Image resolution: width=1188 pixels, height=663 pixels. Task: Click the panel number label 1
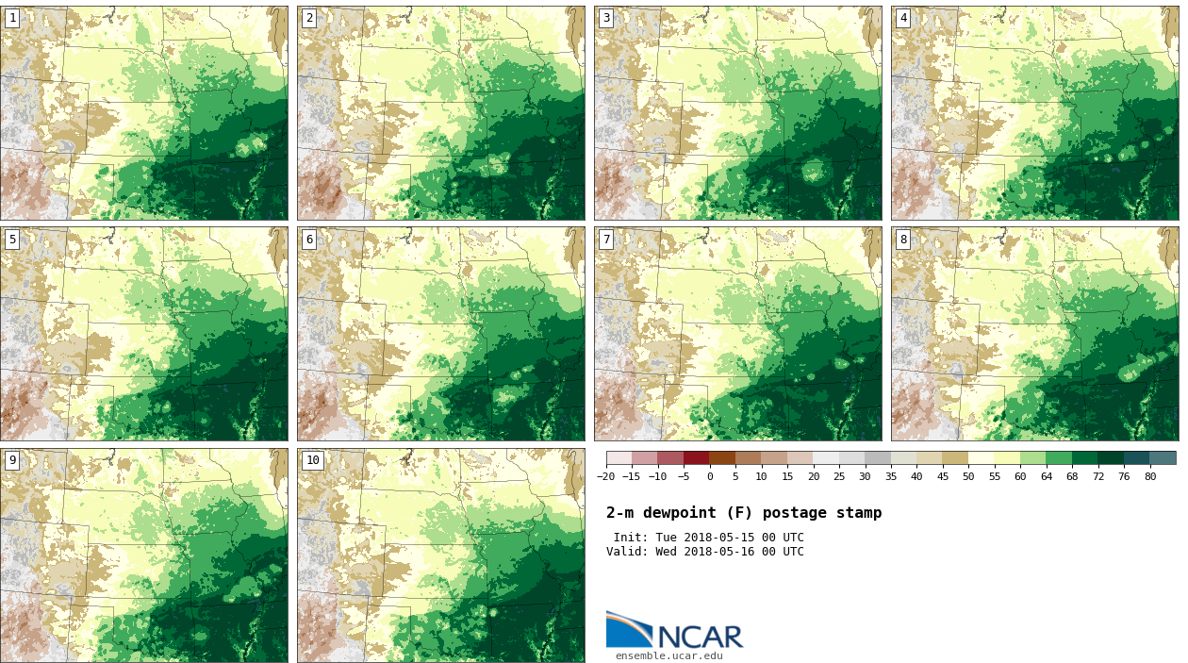tap(12, 18)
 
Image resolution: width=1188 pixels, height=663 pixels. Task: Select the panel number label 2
tap(309, 18)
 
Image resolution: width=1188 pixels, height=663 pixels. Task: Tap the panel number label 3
tap(606, 18)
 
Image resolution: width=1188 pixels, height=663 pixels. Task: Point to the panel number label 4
tap(903, 18)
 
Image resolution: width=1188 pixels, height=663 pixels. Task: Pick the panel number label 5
tap(12, 240)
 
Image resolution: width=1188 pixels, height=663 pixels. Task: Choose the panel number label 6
tap(309, 240)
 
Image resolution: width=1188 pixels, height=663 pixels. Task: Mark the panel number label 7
tap(606, 240)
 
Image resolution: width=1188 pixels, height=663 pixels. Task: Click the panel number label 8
tap(903, 240)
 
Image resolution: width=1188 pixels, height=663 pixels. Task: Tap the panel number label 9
tap(12, 460)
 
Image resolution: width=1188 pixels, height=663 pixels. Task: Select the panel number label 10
tap(312, 460)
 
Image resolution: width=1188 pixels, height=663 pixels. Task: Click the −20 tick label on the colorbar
tap(605, 477)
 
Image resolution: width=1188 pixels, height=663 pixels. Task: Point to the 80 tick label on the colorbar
tap(1150, 477)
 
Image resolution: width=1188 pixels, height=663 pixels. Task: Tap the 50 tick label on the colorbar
tap(968, 477)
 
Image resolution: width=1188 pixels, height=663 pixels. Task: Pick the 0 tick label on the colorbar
tap(710, 477)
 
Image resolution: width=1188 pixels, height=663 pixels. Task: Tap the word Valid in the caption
tap(625, 552)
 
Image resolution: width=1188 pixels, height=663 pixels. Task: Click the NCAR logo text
tap(700, 637)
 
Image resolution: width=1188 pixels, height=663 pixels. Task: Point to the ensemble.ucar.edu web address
tap(669, 656)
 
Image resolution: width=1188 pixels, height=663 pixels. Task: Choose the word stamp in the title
tap(859, 513)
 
